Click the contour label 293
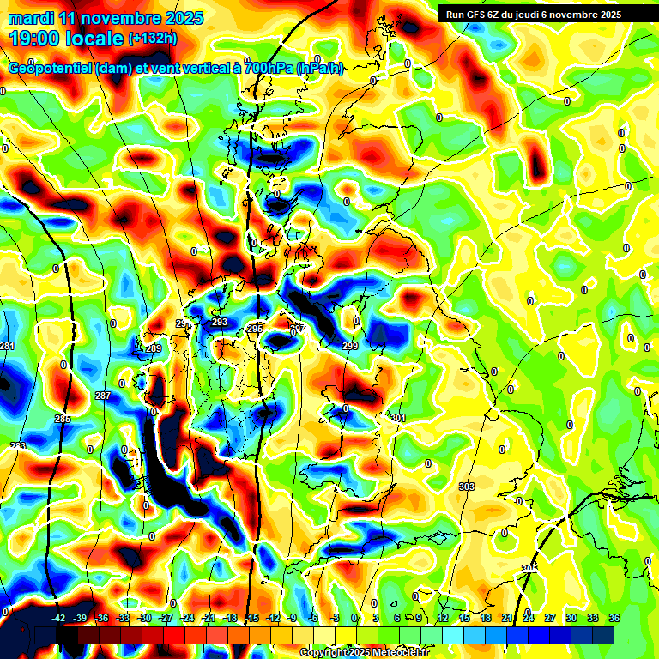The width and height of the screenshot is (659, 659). (x=220, y=322)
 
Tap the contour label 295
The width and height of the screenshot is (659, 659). (x=255, y=329)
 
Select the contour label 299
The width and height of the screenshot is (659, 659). (x=350, y=346)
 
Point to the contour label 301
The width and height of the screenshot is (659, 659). (x=397, y=418)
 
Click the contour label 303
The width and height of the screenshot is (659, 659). (x=467, y=487)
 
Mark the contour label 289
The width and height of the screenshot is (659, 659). (x=154, y=348)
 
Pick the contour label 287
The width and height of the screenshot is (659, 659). (x=102, y=396)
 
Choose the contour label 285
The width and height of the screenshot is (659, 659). (x=63, y=419)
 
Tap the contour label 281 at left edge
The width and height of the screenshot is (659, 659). (x=8, y=346)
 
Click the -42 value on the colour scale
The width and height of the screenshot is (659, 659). (x=59, y=618)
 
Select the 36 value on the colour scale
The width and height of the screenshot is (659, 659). (x=614, y=618)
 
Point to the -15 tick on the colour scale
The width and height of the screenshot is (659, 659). (x=251, y=618)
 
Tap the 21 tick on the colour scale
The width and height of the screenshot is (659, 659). (x=507, y=618)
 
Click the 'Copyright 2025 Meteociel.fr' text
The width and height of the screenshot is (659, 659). (x=364, y=652)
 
